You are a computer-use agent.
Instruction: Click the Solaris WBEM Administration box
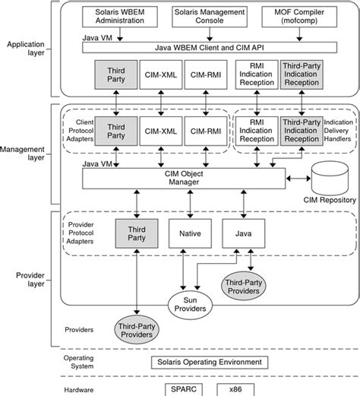pyautogui.click(x=120, y=17)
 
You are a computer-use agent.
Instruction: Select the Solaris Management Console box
pyautogui.click(x=210, y=17)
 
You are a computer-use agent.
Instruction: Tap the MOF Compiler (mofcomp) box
pyautogui.click(x=299, y=17)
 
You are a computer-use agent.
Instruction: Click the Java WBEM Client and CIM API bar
pyautogui.click(x=210, y=48)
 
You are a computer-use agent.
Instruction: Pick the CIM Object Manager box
pyautogui.click(x=184, y=179)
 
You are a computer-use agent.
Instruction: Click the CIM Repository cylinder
pyautogui.click(x=330, y=179)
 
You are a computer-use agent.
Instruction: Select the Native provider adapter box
pyautogui.click(x=190, y=233)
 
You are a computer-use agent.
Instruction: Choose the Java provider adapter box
pyautogui.click(x=244, y=233)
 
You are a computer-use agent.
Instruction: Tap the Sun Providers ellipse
pyautogui.click(x=190, y=305)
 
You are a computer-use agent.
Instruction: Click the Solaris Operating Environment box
pyautogui.click(x=210, y=363)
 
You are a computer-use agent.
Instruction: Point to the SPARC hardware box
pyautogui.click(x=184, y=389)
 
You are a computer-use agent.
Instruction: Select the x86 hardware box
pyautogui.click(x=235, y=389)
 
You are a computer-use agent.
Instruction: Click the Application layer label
pyautogui.click(x=26, y=49)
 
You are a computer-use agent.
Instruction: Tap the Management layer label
pyautogui.click(x=22, y=154)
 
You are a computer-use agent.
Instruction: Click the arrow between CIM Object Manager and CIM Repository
pyautogui.click(x=298, y=179)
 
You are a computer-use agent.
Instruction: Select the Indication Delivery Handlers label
pyautogui.click(x=338, y=131)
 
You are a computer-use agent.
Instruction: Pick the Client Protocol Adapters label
pyautogui.click(x=80, y=131)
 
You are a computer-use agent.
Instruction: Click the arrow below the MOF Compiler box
pyautogui.click(x=299, y=34)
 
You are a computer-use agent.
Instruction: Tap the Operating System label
pyautogui.click(x=78, y=362)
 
